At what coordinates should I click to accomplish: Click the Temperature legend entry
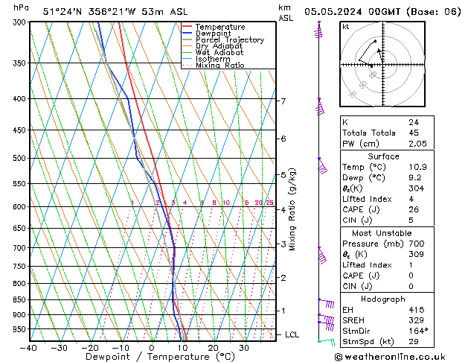(222, 27)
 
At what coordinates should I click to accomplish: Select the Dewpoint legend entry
(214, 34)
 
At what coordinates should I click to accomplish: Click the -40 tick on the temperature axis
(29, 348)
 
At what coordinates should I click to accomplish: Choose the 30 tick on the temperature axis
(243, 348)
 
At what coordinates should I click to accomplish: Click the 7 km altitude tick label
(283, 101)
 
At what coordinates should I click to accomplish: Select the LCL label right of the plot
(292, 335)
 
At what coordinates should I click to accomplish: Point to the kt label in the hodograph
(346, 27)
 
